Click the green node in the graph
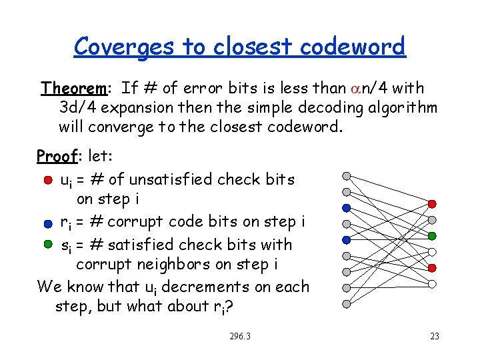pyautogui.click(x=432, y=236)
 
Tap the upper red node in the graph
pyautogui.click(x=432, y=203)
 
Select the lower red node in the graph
pyautogui.click(x=432, y=268)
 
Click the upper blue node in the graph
pyautogui.click(x=346, y=208)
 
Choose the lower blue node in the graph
pyautogui.click(x=346, y=240)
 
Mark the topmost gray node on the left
pyautogui.click(x=346, y=176)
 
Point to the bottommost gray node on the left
pyautogui.click(x=346, y=304)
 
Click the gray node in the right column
pyautogui.click(x=432, y=220)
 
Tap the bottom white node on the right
pyautogui.click(x=432, y=284)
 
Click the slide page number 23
pyautogui.click(x=434, y=336)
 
